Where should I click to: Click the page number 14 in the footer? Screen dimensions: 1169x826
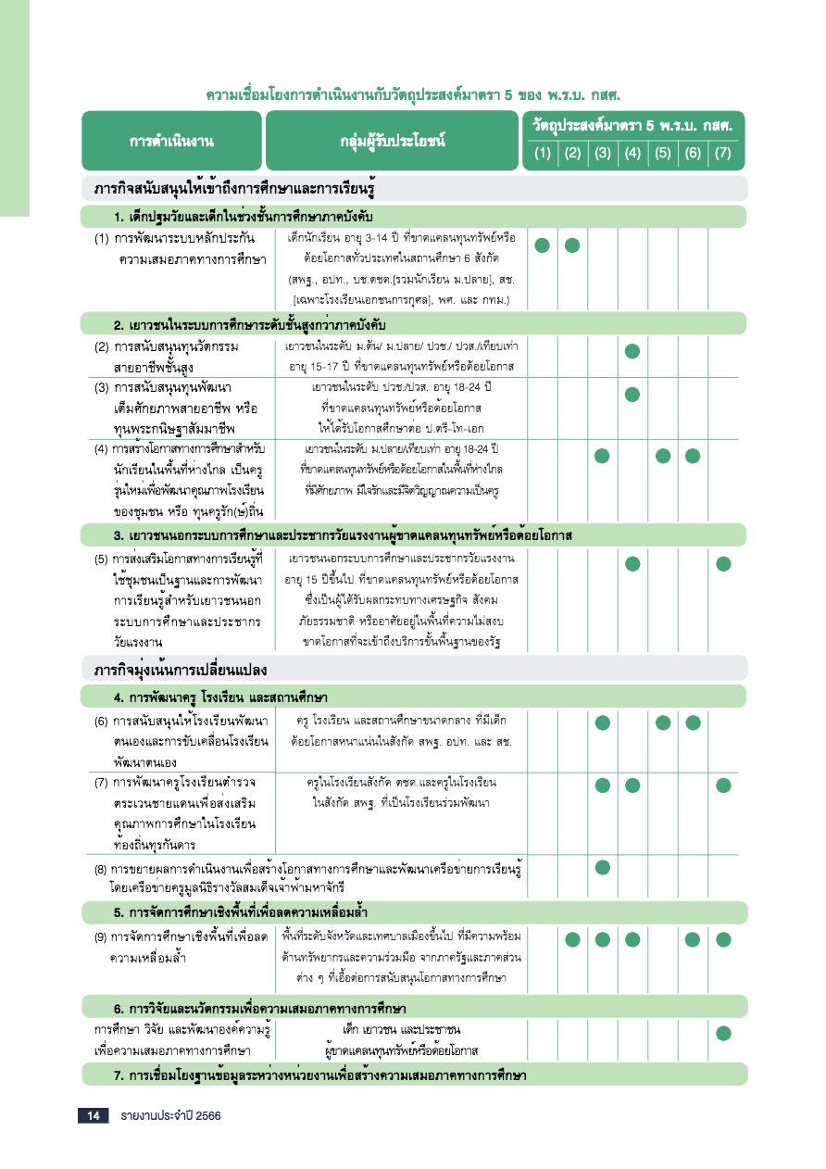[x=93, y=1116]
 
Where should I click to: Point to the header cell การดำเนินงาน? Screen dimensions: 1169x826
[x=172, y=141]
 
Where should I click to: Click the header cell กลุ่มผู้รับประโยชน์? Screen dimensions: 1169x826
[x=393, y=141]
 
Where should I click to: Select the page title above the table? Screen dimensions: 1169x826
[x=412, y=94]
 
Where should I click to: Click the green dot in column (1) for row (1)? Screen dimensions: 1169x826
[x=543, y=245]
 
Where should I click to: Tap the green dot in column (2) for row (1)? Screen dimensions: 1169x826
[x=572, y=245]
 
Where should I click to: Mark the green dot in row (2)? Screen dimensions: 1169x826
[x=632, y=350]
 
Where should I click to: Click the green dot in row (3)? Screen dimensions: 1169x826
[x=632, y=394]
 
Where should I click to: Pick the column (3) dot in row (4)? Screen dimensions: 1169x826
[x=602, y=455]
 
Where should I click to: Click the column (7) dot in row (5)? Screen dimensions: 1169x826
[x=723, y=563]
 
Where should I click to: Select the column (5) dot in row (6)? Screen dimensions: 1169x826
[x=663, y=723]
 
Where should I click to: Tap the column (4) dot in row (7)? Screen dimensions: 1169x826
[x=632, y=786]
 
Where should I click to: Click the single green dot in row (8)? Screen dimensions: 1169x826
[x=602, y=867]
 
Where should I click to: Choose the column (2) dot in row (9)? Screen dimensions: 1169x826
[x=572, y=939]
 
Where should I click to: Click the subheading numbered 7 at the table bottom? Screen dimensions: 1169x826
[x=320, y=1075]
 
